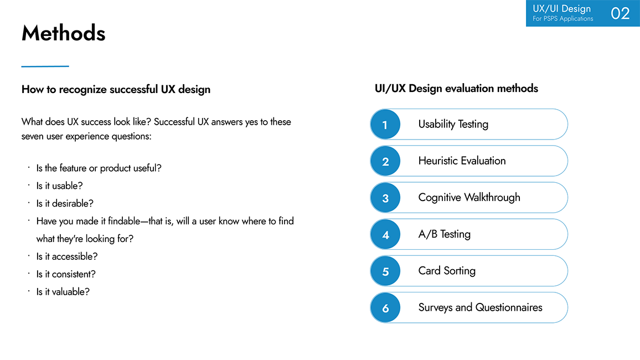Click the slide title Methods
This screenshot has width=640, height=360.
click(x=63, y=33)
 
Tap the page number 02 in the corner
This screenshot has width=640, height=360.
click(x=620, y=13)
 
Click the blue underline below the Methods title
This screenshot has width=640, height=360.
click(x=45, y=66)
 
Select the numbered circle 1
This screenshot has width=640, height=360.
click(x=385, y=125)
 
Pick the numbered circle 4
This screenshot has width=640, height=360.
click(x=385, y=235)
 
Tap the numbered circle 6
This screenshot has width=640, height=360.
click(x=385, y=308)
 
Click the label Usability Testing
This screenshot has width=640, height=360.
click(x=453, y=124)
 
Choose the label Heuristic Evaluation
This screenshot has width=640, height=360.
click(x=462, y=161)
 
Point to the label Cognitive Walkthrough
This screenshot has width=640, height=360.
click(x=469, y=197)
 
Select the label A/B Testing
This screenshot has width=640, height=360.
click(x=444, y=234)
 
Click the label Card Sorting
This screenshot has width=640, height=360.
click(x=447, y=271)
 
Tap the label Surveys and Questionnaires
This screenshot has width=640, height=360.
click(x=480, y=307)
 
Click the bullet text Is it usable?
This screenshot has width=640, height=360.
click(x=59, y=186)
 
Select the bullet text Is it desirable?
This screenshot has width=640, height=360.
click(x=65, y=203)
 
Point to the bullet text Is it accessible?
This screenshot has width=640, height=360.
click(x=67, y=256)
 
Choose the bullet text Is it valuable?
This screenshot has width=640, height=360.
click(x=63, y=292)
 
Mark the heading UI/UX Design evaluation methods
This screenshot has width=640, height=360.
click(x=456, y=89)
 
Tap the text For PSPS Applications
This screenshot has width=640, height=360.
click(x=562, y=19)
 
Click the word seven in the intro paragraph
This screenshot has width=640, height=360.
click(x=33, y=136)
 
